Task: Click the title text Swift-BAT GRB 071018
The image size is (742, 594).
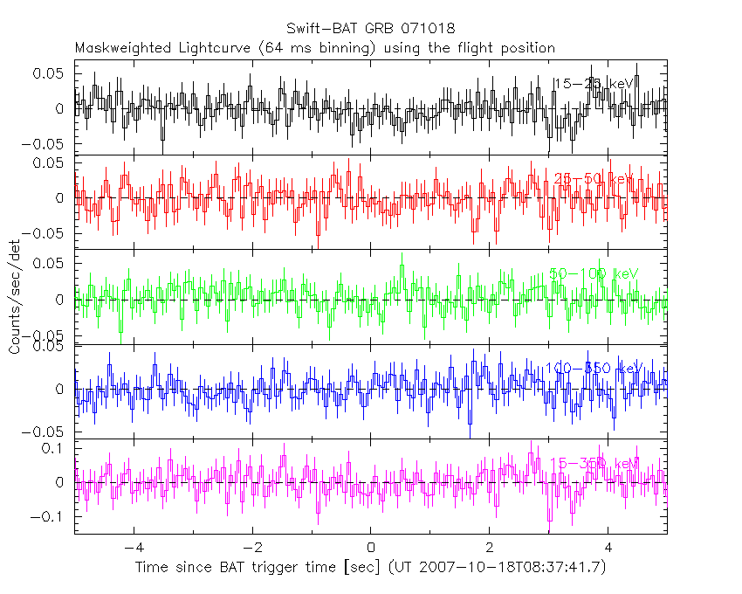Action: [370, 29]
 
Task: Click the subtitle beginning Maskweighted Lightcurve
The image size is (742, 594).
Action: [315, 47]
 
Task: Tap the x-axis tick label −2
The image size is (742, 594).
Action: [251, 548]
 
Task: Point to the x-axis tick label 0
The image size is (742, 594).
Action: [371, 548]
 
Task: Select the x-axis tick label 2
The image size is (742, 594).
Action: [490, 548]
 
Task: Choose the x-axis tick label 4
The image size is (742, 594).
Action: [608, 548]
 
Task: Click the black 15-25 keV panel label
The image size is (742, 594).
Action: [594, 84]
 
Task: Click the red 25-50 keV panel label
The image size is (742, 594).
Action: [594, 179]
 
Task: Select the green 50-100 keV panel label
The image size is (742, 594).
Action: [594, 273]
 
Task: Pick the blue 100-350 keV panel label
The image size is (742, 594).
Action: [594, 369]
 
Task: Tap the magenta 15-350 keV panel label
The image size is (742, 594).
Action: [594, 463]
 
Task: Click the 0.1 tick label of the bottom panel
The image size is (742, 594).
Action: [57, 448]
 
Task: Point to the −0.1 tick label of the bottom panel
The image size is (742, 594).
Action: [52, 516]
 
